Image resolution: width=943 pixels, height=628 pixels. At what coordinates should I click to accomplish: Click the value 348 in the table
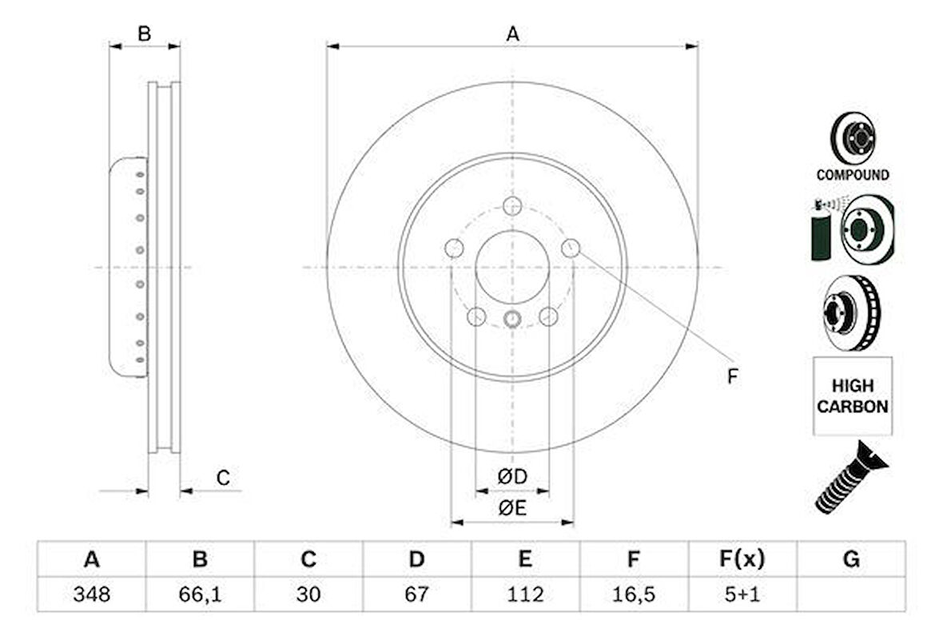[91, 594]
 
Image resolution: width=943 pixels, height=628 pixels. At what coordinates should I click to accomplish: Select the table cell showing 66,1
[200, 594]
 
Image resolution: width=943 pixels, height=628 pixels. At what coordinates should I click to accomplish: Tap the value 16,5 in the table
[633, 594]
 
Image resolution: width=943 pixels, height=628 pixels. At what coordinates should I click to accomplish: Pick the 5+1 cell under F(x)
[742, 594]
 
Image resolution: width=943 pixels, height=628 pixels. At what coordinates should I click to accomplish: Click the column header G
[851, 559]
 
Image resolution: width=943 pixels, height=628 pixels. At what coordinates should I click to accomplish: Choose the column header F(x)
[742, 559]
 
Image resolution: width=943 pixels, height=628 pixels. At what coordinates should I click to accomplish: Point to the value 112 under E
[524, 594]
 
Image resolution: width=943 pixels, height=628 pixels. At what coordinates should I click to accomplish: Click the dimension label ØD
[512, 477]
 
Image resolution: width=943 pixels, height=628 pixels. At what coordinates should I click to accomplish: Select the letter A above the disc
[512, 34]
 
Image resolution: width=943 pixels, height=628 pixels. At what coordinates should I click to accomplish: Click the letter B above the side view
[144, 34]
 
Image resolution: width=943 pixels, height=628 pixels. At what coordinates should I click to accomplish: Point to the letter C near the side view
[224, 479]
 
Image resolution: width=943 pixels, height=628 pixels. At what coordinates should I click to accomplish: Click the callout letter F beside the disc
[732, 377]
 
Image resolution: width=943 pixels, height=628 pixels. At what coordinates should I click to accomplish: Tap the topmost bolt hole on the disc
[512, 205]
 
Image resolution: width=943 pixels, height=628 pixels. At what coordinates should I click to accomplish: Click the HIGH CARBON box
[852, 396]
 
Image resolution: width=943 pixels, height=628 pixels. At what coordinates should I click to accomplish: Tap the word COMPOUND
[852, 174]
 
